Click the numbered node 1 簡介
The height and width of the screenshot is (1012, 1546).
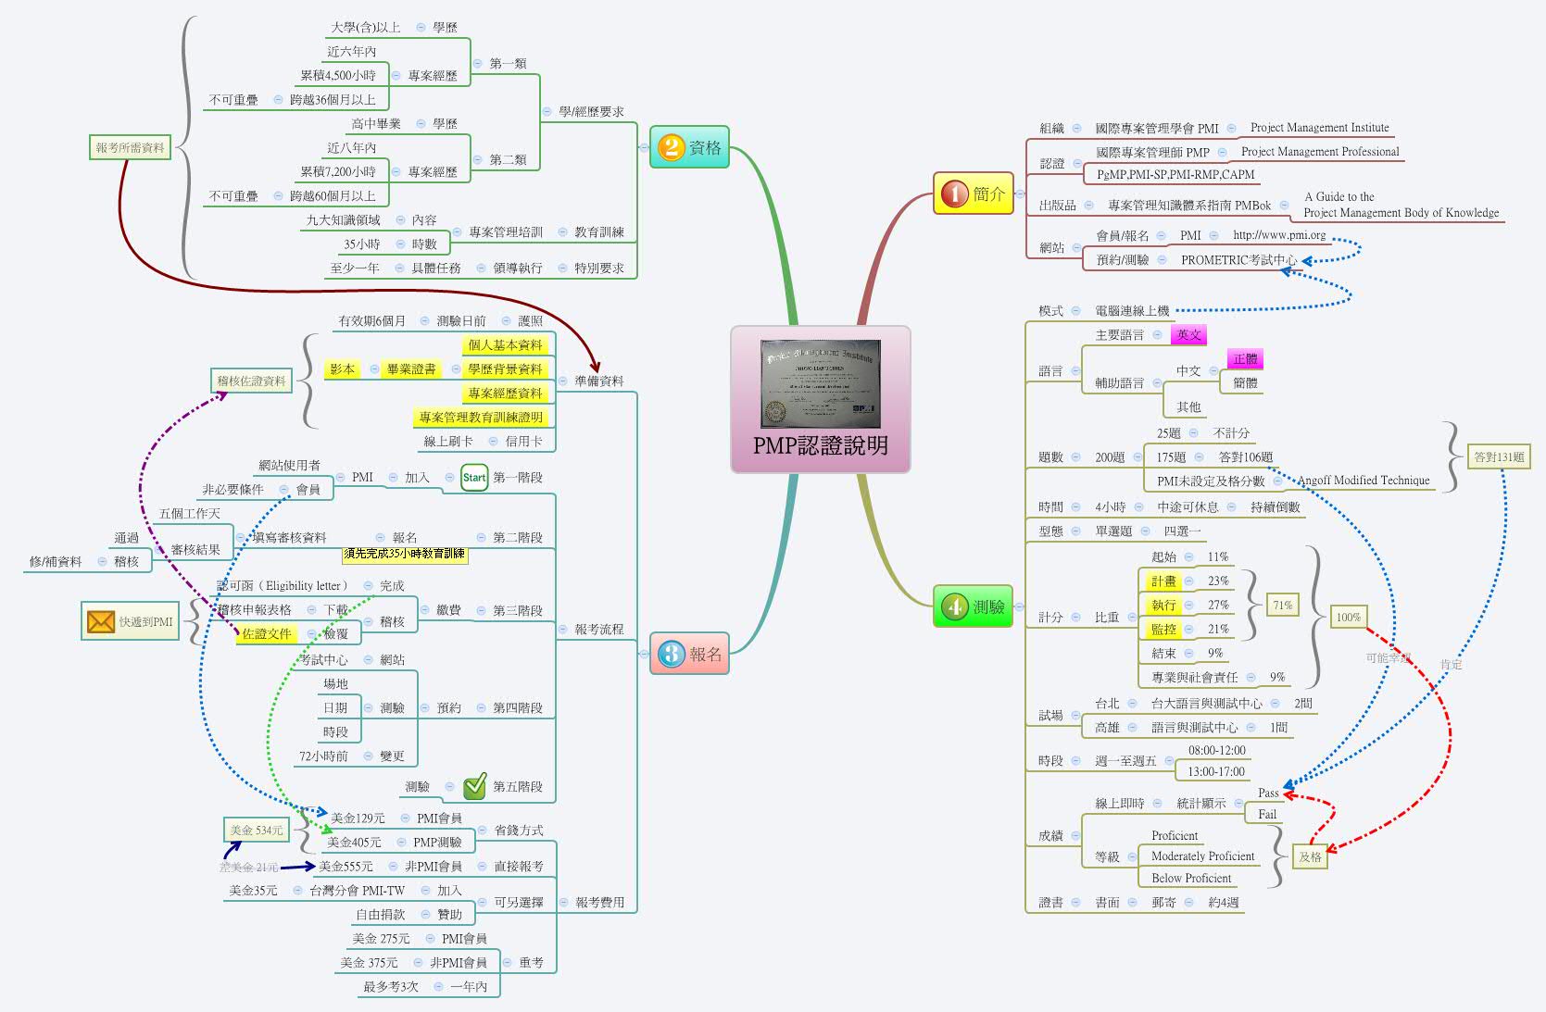click(974, 194)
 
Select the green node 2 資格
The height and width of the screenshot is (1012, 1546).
click(689, 147)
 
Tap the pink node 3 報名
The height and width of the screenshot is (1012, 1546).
click(689, 654)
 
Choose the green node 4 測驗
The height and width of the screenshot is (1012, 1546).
click(973, 606)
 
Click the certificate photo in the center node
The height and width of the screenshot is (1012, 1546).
click(820, 383)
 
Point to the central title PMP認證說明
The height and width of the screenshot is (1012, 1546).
click(820, 445)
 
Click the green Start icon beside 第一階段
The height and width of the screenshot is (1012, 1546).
click(474, 478)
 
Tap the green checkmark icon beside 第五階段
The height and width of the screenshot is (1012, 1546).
click(474, 786)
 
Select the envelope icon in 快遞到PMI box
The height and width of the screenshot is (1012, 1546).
click(100, 621)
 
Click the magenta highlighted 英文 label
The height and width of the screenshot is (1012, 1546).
click(1188, 335)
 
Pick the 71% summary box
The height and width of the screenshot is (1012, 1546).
click(1282, 606)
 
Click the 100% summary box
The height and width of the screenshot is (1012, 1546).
click(1348, 618)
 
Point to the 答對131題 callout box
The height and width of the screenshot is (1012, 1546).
click(1499, 456)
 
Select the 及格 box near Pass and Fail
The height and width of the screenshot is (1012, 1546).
click(1310, 857)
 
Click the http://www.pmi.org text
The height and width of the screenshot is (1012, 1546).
click(1278, 235)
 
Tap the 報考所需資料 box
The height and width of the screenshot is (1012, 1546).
click(131, 147)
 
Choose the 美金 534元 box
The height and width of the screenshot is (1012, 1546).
click(256, 831)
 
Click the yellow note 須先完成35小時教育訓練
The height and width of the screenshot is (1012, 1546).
click(405, 554)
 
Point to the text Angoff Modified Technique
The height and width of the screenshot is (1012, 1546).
click(1363, 481)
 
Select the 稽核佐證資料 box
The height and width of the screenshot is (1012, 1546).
click(251, 381)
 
